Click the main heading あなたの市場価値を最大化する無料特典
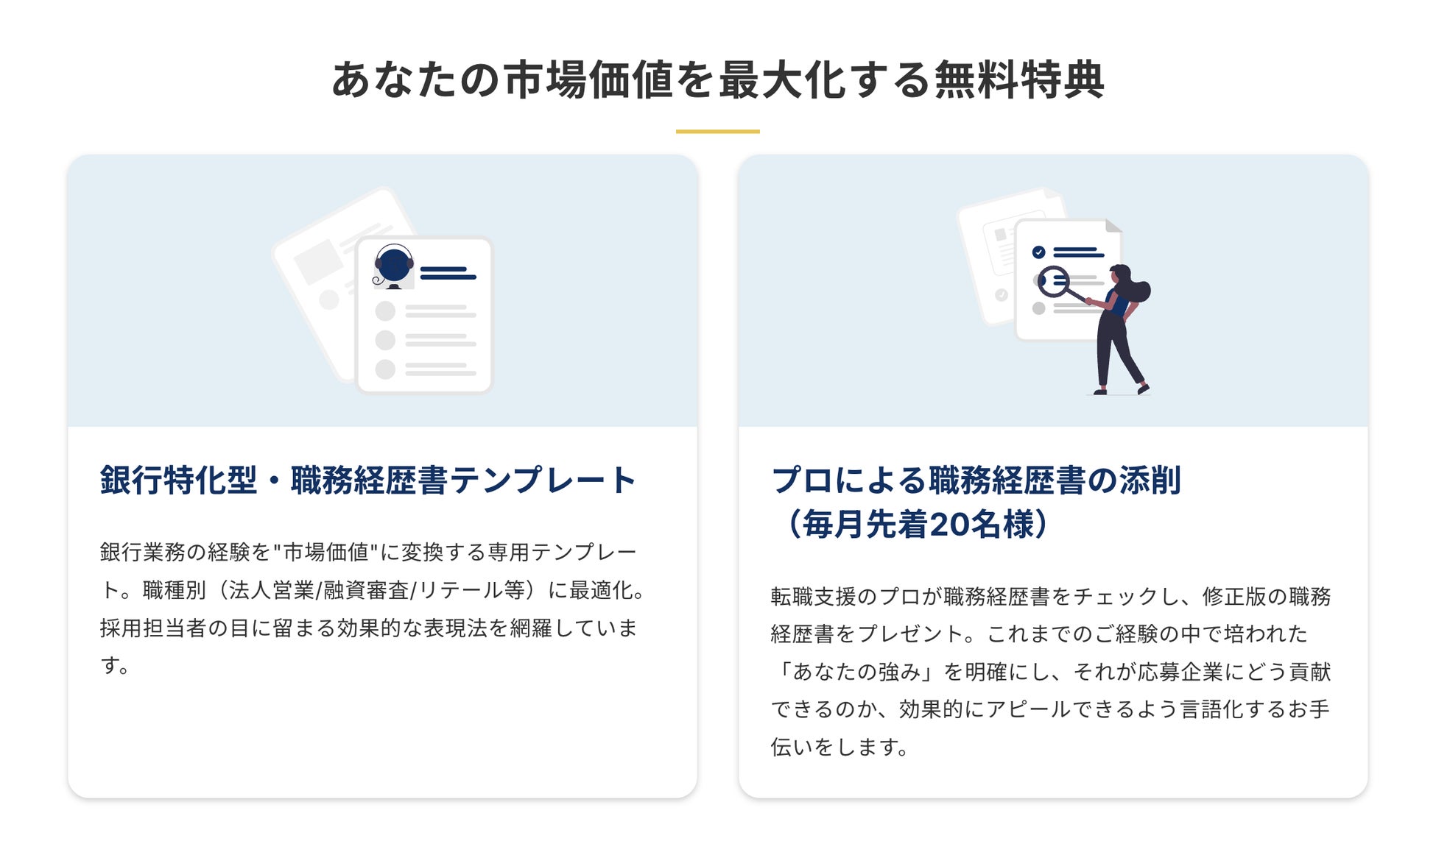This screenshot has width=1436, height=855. tap(717, 79)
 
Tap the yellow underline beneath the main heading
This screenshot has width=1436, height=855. tap(717, 132)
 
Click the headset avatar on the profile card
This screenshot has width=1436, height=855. tap(393, 266)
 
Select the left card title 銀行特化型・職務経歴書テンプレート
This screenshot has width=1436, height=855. tap(367, 480)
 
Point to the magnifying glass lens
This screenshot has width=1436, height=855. tap(1054, 280)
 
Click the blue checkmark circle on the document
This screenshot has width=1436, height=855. tap(1038, 252)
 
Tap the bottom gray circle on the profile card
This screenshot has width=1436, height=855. tap(385, 369)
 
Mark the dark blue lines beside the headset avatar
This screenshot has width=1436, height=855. tap(448, 273)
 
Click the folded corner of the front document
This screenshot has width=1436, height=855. tap(1113, 226)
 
